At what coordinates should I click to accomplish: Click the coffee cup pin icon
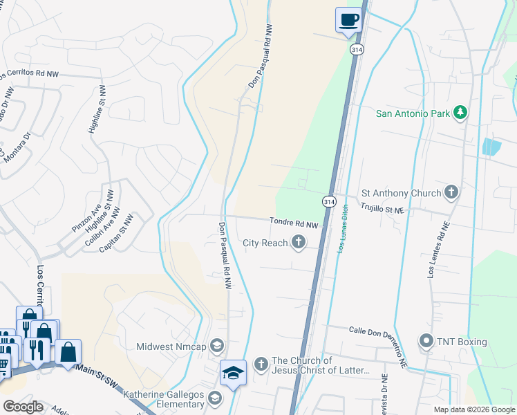coord(349,19)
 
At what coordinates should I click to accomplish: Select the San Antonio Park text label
coord(412,113)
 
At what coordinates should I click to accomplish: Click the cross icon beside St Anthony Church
coord(451,192)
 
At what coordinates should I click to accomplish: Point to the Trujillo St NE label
coord(382,207)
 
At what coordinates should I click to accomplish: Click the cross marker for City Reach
coord(299,241)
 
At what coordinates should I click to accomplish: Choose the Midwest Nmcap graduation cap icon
coord(217,345)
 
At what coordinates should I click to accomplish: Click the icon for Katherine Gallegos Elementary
coord(214,397)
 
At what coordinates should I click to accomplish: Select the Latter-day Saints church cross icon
coord(261,363)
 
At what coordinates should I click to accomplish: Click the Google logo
coord(23,407)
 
